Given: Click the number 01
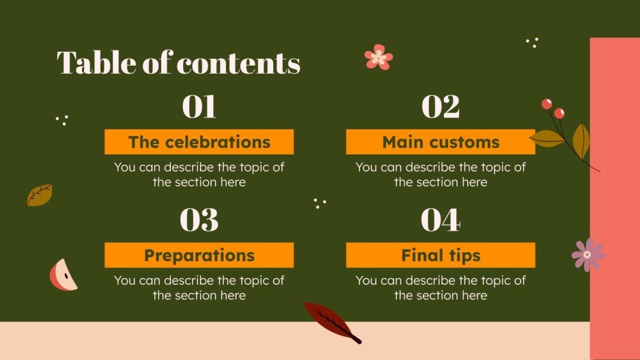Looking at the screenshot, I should (199, 107).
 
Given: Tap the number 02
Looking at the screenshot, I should (441, 107).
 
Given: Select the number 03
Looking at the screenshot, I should (199, 220).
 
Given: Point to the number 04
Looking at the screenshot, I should (441, 220).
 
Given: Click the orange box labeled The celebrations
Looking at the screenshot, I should (199, 142).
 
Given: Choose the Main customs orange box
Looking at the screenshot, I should (441, 142).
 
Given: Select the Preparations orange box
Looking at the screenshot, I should (199, 255).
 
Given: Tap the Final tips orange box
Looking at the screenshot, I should (441, 255).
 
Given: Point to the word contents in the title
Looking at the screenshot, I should (238, 64).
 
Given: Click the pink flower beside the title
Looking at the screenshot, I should (378, 57).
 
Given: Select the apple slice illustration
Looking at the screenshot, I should (63, 275).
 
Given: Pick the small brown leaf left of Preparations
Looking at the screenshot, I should (39, 195).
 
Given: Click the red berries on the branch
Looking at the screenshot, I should (553, 108).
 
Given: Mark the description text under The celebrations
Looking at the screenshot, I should (199, 174).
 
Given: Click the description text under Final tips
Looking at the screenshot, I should (441, 288).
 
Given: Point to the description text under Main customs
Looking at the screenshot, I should (441, 174).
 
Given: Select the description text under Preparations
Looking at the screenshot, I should (199, 288).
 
